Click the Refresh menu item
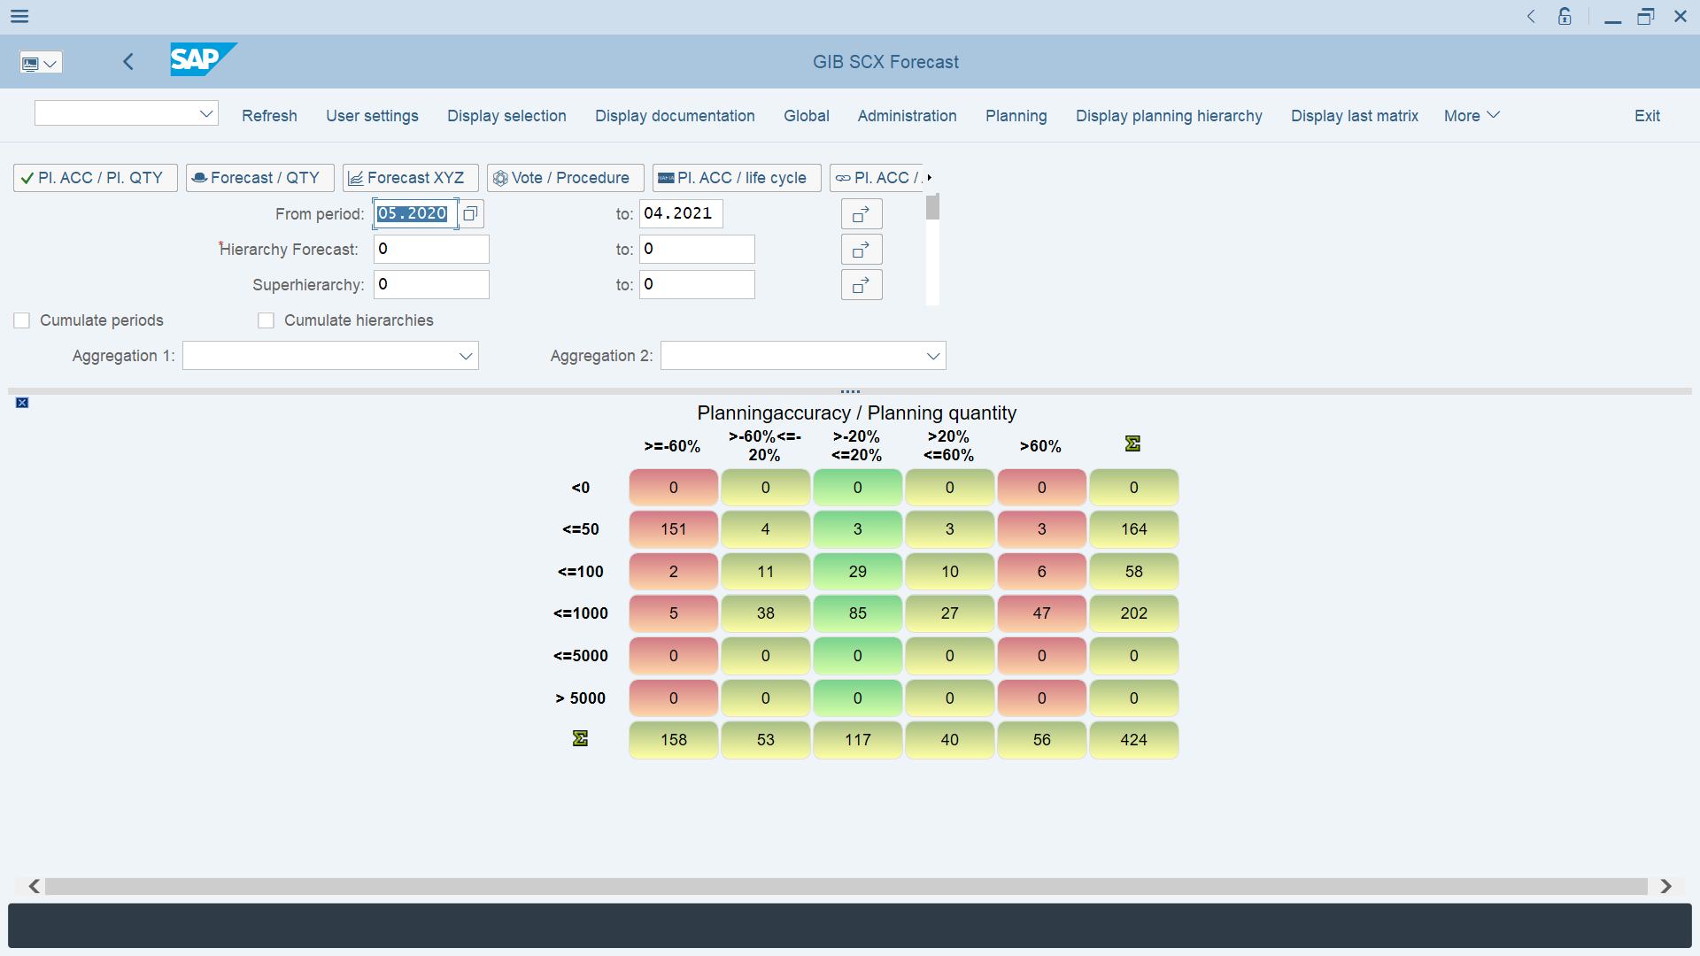tap(269, 116)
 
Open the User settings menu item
tap(372, 116)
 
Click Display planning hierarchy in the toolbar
tap(1169, 116)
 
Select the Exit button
tap(1647, 116)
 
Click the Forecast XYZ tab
tap(410, 178)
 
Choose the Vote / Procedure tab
tap(565, 178)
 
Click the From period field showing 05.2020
tap(413, 213)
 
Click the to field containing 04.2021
tap(680, 213)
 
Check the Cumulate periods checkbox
tap(22, 320)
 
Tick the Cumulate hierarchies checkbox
tap(266, 320)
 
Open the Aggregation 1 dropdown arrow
tap(466, 356)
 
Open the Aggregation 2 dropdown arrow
tap(933, 356)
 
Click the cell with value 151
tap(673, 529)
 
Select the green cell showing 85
tap(857, 613)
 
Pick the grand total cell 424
tap(1133, 740)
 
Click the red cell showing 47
tap(1041, 613)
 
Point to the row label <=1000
tap(581, 613)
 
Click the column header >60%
tap(1040, 446)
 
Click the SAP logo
tap(203, 59)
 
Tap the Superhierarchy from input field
tap(431, 284)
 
